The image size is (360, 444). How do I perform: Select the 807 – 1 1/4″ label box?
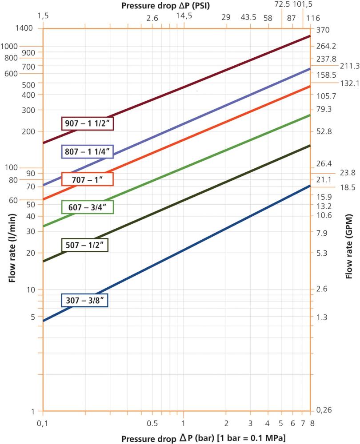coord(88,152)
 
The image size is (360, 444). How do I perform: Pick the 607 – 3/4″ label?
coord(88,207)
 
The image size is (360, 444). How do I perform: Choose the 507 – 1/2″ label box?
coord(88,245)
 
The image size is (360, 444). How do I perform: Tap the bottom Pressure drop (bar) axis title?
coord(204,438)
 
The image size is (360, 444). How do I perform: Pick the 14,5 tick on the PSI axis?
coord(184,16)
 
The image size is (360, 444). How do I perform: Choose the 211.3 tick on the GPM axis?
coord(345,66)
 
